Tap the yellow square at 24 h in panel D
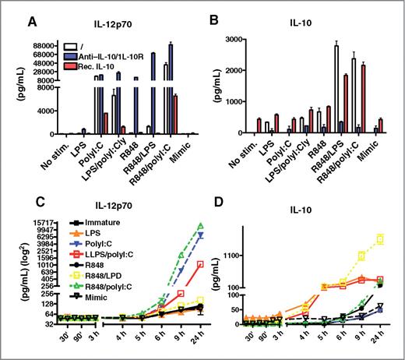pyautogui.click(x=380, y=239)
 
